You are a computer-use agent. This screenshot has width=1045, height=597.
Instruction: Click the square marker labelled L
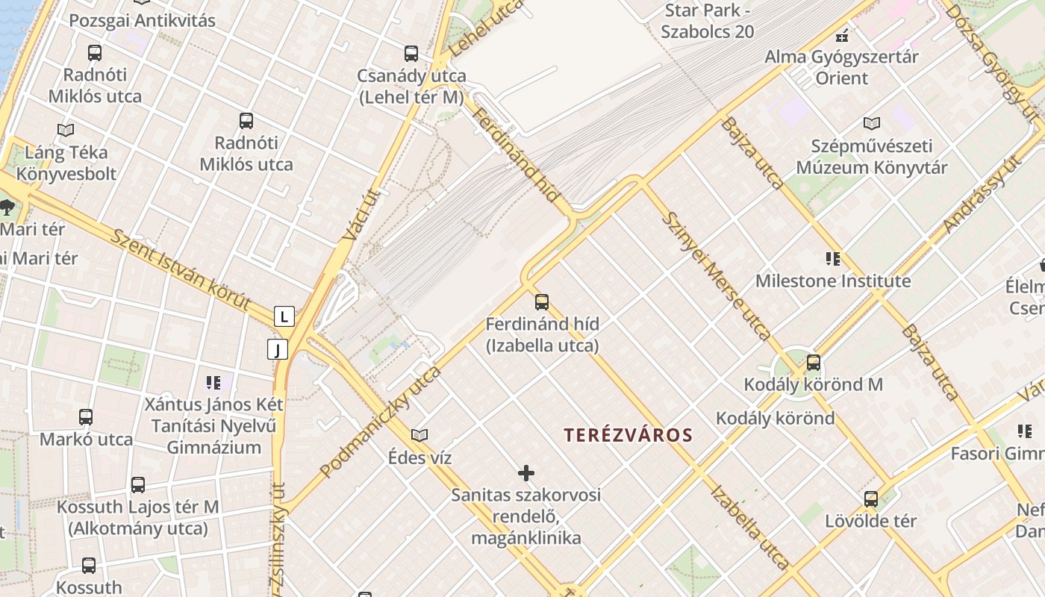point(284,316)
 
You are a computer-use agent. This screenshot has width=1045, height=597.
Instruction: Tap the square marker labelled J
point(278,349)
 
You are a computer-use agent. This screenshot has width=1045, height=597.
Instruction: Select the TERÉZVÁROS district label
point(628,435)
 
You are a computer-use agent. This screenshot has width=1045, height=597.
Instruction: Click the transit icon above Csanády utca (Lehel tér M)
point(411,53)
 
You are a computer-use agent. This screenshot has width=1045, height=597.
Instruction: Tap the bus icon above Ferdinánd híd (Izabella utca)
point(542,301)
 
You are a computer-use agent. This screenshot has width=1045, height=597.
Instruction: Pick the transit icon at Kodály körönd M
point(814,363)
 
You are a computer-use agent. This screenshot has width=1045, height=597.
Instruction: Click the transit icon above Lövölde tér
point(870,499)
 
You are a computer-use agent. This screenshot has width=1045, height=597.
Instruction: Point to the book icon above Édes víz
point(419,435)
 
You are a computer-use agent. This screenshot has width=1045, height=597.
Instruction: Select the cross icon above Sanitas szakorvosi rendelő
point(526,472)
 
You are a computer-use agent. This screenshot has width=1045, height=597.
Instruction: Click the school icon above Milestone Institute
point(833,259)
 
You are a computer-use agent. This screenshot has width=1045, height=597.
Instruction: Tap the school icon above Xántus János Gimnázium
point(213,383)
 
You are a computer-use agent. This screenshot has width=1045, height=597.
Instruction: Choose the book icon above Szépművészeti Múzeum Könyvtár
point(871,123)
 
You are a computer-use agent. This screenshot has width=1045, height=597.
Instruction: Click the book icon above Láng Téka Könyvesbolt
point(66,130)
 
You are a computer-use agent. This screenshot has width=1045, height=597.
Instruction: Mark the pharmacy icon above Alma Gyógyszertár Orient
point(842,34)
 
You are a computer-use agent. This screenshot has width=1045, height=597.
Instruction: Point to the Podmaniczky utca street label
point(380,422)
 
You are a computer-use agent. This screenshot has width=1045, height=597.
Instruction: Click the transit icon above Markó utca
point(86,417)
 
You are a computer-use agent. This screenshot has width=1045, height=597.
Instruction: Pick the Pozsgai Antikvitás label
point(142,20)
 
